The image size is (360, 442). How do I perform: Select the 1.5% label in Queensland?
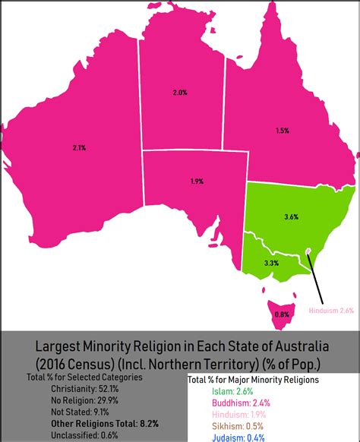[x=282, y=130]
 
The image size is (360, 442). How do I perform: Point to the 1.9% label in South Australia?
[x=196, y=182]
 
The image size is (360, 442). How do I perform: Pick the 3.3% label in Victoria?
[x=271, y=263]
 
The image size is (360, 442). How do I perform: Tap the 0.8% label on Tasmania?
[x=281, y=314]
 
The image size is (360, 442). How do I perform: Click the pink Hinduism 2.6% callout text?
[x=330, y=310]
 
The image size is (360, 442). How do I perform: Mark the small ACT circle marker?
[x=308, y=251]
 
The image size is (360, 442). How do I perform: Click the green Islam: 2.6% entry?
[x=229, y=391]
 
